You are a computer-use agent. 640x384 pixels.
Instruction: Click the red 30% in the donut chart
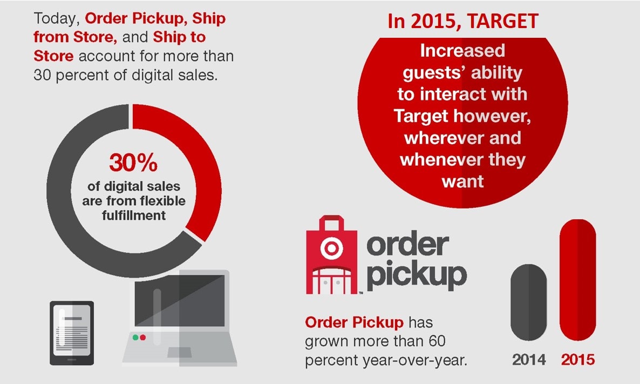coord(133,163)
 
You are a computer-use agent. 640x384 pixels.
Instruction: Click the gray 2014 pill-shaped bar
coord(529,302)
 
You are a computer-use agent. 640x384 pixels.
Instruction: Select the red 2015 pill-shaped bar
coord(577,280)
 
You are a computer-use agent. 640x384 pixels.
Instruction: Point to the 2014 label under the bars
coord(529,360)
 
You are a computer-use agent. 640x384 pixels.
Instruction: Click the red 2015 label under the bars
coord(577,360)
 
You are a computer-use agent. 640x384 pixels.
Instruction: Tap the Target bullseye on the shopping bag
coord(331,248)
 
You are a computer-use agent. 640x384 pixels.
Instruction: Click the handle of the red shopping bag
coord(331,223)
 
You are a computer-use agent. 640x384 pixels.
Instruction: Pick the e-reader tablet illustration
coord(72,333)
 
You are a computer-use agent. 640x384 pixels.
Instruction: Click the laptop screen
coord(180,301)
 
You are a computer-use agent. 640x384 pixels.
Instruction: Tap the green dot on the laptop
coord(135,338)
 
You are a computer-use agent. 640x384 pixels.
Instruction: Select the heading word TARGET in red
coord(503,21)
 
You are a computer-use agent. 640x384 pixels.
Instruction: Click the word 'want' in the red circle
coord(462,181)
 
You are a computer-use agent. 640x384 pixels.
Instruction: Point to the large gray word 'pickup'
coord(417,274)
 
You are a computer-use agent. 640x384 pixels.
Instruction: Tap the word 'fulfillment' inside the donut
coord(134,215)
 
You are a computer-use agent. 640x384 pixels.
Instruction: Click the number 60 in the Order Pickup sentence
coord(437,341)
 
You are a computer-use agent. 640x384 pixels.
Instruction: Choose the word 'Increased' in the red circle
coord(462,51)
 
